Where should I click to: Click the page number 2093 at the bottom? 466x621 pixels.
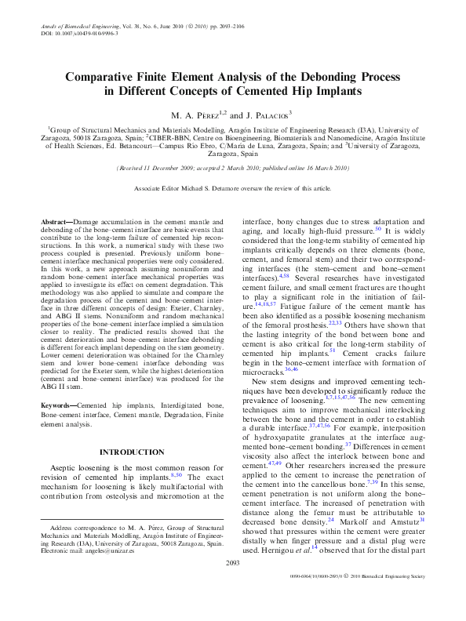tap(232, 585)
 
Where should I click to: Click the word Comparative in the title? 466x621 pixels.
tap(106, 78)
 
